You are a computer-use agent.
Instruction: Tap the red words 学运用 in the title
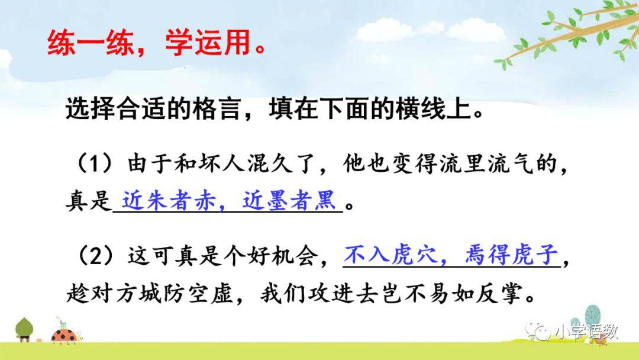[208, 43]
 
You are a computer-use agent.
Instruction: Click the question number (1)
[95, 164]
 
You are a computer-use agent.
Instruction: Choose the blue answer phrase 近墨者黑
[289, 201]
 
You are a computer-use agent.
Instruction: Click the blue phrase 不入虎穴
[390, 255]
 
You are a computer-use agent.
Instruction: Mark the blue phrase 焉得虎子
[511, 255]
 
